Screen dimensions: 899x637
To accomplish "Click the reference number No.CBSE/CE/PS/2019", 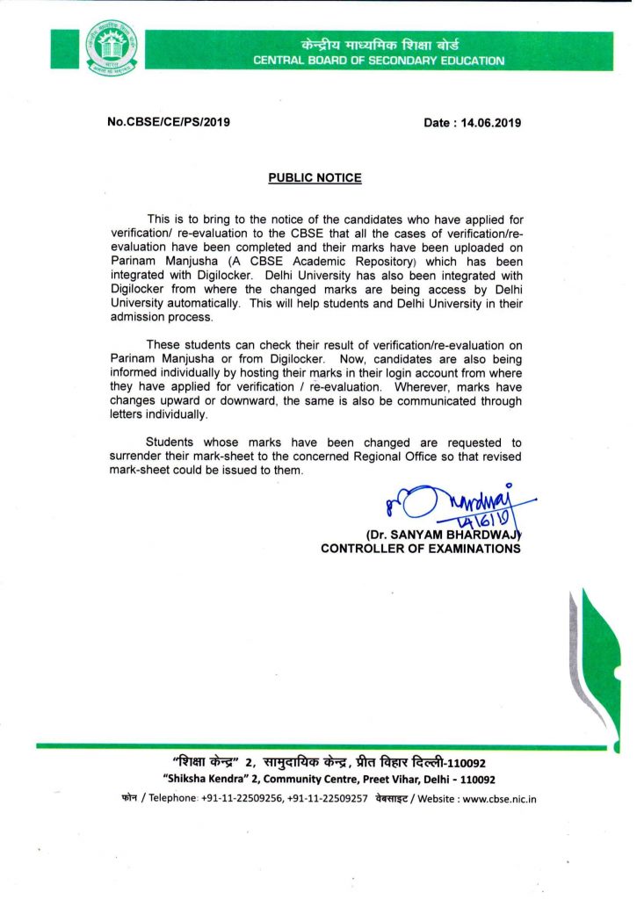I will tap(167, 122).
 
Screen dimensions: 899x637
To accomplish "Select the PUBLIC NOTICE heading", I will tap(315, 177).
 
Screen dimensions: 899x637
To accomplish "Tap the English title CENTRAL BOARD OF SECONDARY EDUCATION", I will tap(379, 61).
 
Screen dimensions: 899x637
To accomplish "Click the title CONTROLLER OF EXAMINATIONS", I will tap(421, 549).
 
